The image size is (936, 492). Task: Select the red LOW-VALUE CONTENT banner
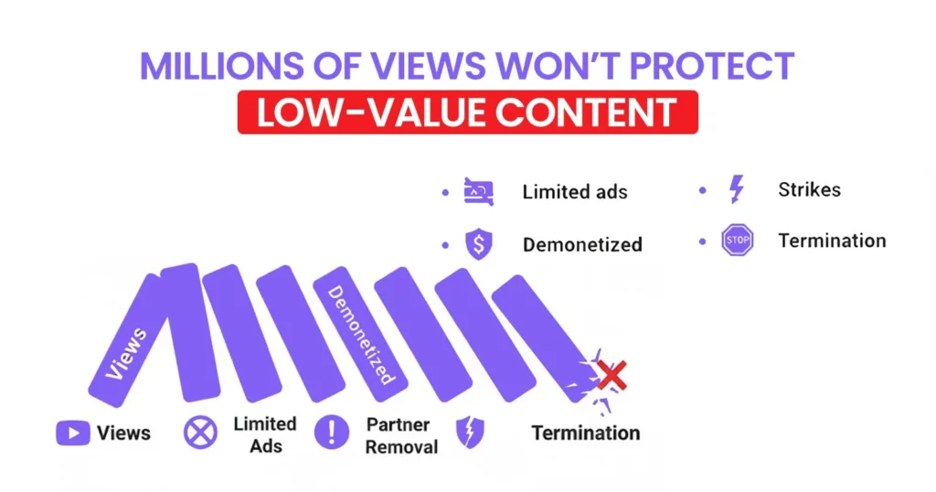(467, 112)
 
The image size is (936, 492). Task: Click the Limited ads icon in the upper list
(479, 192)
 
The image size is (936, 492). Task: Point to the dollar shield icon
(479, 244)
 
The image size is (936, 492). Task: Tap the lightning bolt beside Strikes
(736, 190)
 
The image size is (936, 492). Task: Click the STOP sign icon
(737, 241)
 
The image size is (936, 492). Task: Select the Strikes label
(809, 190)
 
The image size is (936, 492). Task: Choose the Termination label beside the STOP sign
(832, 241)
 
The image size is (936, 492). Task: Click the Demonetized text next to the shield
(582, 244)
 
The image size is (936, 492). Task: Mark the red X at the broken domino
(612, 374)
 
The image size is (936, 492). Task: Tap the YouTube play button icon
(73, 432)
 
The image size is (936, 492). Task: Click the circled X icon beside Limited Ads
(200, 433)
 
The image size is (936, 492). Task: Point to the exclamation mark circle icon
(332, 433)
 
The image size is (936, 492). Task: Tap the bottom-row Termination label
(585, 433)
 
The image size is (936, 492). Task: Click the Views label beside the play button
(123, 433)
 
